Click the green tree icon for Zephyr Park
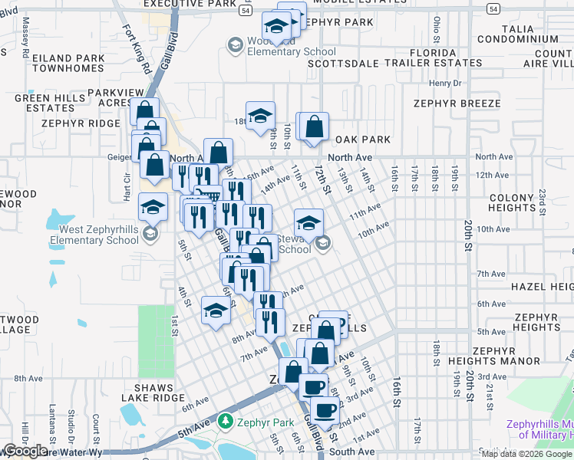coord(225,422)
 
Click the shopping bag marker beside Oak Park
coord(314,127)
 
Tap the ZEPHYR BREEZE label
coord(457,103)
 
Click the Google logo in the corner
coord(26,451)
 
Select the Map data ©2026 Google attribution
coord(526,454)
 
